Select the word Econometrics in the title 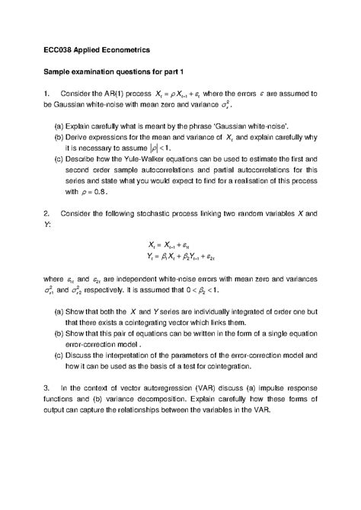[126, 49]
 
